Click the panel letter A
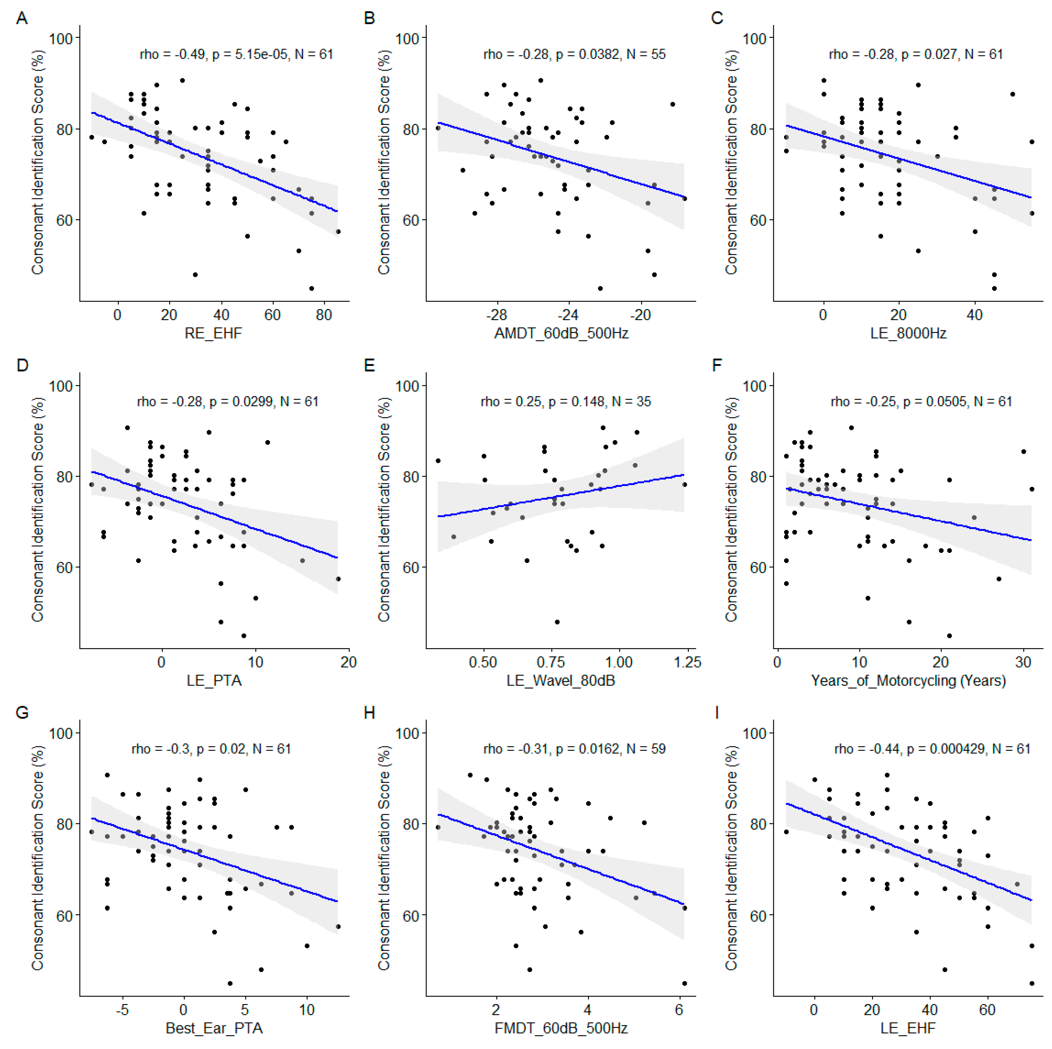pos(22,19)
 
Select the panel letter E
pos(369,365)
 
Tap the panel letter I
pos(717,713)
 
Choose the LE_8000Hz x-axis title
pos(908,333)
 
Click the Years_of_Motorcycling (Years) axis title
pos(908,681)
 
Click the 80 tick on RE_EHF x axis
pos(324,315)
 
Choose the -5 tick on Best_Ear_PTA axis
pos(123,1010)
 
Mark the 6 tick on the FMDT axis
pos(679,1010)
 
